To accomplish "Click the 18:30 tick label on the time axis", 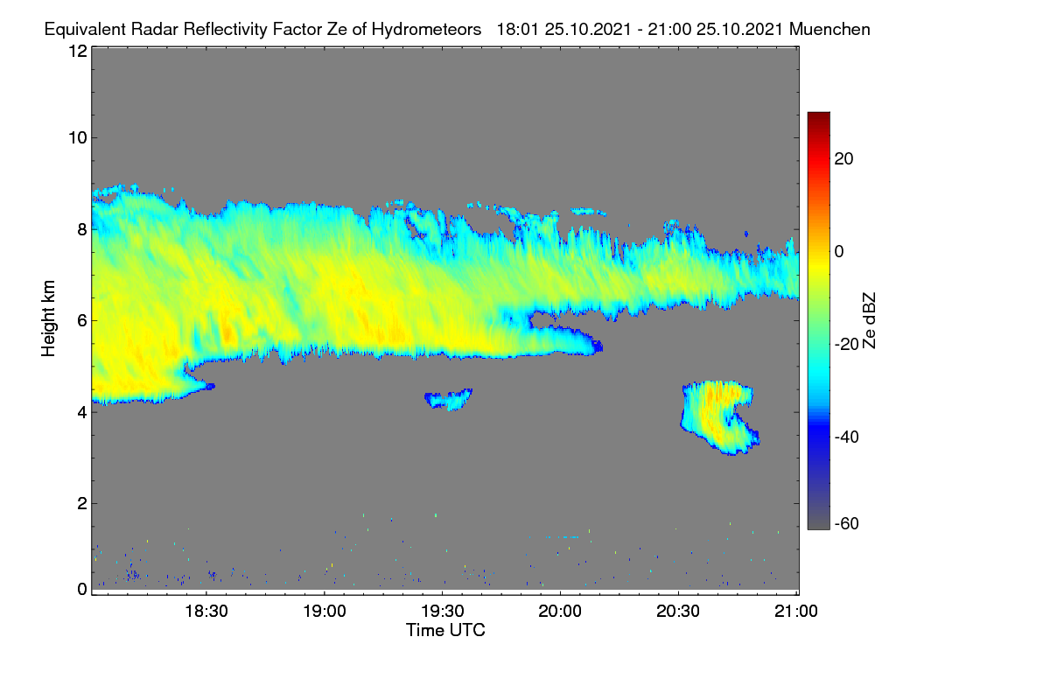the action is point(206,612).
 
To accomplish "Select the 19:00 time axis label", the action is point(325,612).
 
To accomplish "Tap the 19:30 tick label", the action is point(443,612).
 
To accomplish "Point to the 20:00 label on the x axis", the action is point(560,612).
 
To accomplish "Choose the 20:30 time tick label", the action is point(678,612).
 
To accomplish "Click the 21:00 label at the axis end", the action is point(796,612).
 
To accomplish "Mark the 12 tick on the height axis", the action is point(78,51).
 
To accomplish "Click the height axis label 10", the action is point(78,138).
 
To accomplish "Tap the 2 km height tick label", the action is point(82,503).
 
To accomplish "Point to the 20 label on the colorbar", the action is point(843,159).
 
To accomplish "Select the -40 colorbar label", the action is point(847,437).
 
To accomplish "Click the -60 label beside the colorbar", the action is point(847,523).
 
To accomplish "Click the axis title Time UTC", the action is point(445,630).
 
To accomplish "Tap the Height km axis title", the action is point(48,318).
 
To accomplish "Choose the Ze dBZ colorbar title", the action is point(869,321).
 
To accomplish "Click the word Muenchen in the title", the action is point(829,30).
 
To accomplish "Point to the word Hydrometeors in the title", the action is point(426,30).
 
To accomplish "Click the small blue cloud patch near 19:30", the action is point(448,400).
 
